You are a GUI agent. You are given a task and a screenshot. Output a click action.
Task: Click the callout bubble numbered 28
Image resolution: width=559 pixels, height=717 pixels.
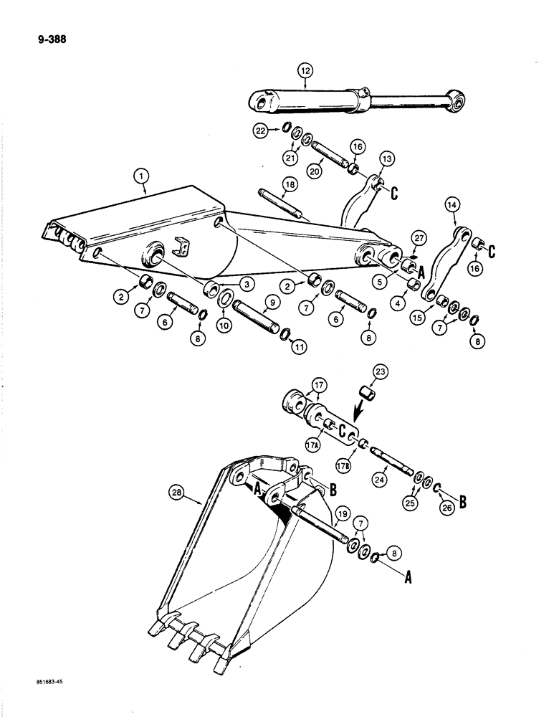177,492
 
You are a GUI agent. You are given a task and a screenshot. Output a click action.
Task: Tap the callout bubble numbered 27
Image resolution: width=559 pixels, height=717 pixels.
417,238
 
